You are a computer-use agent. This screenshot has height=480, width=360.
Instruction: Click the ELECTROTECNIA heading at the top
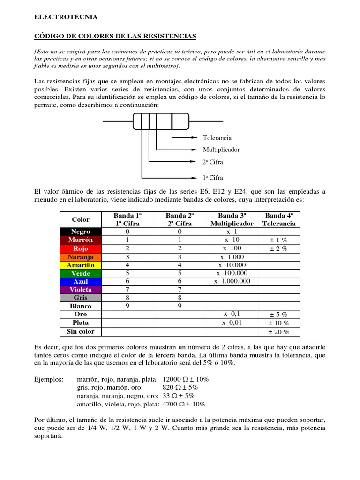(66, 17)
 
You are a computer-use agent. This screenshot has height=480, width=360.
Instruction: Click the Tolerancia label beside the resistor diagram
(217, 138)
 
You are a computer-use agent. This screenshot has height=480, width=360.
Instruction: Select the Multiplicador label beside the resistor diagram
(221, 150)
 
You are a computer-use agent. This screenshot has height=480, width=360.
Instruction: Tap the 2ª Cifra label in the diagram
(213, 162)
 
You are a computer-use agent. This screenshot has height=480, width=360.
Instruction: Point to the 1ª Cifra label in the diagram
(213, 178)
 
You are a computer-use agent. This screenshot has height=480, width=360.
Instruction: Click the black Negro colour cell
(81, 232)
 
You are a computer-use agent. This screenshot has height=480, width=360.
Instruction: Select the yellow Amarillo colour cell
(81, 265)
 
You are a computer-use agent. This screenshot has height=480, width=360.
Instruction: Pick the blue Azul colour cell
(81, 282)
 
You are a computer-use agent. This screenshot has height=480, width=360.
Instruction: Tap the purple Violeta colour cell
(81, 290)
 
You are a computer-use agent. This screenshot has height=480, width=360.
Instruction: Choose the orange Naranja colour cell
(81, 257)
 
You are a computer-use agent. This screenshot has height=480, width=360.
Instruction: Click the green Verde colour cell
(81, 273)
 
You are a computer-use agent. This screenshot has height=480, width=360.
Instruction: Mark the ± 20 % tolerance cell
(278, 332)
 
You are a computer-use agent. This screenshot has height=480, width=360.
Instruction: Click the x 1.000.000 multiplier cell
(232, 282)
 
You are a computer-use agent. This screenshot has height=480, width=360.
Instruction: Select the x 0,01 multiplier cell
(232, 323)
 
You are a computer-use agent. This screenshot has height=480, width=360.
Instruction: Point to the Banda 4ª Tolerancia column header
(279, 219)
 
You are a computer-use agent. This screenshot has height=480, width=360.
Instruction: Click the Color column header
(81, 219)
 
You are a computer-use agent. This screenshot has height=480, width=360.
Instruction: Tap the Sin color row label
(81, 331)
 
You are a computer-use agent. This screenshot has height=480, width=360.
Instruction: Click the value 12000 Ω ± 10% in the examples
(186, 379)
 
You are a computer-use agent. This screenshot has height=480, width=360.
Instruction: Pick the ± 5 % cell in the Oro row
(278, 315)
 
